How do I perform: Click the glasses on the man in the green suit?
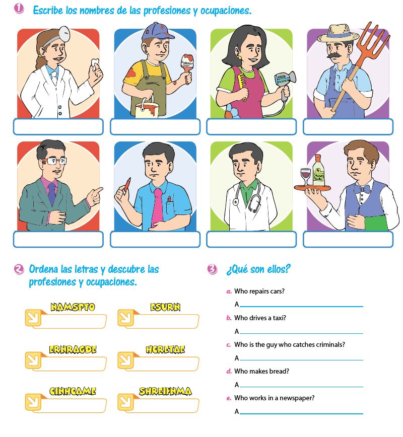coord(56,161)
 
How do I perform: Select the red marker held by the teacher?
coord(126,183)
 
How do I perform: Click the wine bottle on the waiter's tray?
coord(318,170)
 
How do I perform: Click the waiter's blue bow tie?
coord(362,189)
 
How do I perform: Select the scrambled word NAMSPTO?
coord(73,307)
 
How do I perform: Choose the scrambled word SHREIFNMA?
coord(165,391)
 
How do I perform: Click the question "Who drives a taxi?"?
coord(260,318)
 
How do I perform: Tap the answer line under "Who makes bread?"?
coord(301,386)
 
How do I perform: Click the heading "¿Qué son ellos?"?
coord(258,269)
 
